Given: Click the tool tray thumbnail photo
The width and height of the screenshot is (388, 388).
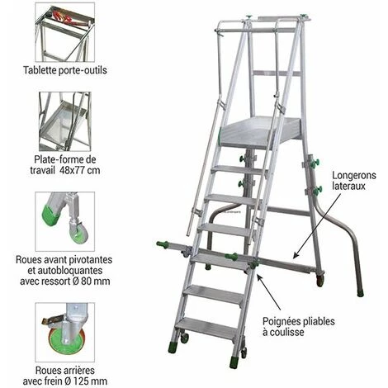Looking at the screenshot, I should point(65,32).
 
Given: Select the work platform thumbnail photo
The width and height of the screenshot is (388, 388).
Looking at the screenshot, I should point(65,120).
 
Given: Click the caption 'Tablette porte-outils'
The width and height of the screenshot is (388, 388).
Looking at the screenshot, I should point(65,71).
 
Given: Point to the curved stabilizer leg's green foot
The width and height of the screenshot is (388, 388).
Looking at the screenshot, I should point(360,291).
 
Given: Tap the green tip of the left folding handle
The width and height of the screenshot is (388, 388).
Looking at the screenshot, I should point(160,244).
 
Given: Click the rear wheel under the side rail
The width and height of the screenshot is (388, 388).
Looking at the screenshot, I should point(319,281).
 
